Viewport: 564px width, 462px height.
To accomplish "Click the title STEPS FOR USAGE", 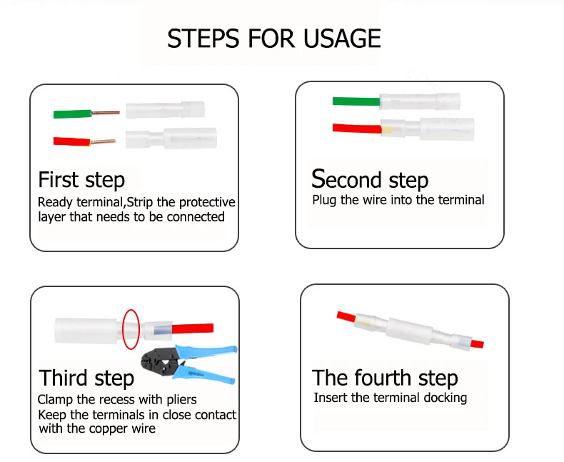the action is (274, 39).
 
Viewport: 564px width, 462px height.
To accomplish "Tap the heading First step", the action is (81, 179).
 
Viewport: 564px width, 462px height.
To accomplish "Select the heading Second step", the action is (370, 179).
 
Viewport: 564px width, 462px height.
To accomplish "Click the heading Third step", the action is (86, 377).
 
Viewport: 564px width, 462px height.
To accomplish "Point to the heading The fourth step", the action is (385, 377).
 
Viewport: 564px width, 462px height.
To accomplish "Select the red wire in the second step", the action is (355, 128).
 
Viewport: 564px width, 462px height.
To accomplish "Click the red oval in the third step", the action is (130, 328).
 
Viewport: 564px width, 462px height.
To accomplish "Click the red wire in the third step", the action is (193, 328).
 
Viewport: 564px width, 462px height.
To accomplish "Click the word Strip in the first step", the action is (148, 203).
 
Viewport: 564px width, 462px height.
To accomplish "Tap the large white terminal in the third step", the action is (86, 330).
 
